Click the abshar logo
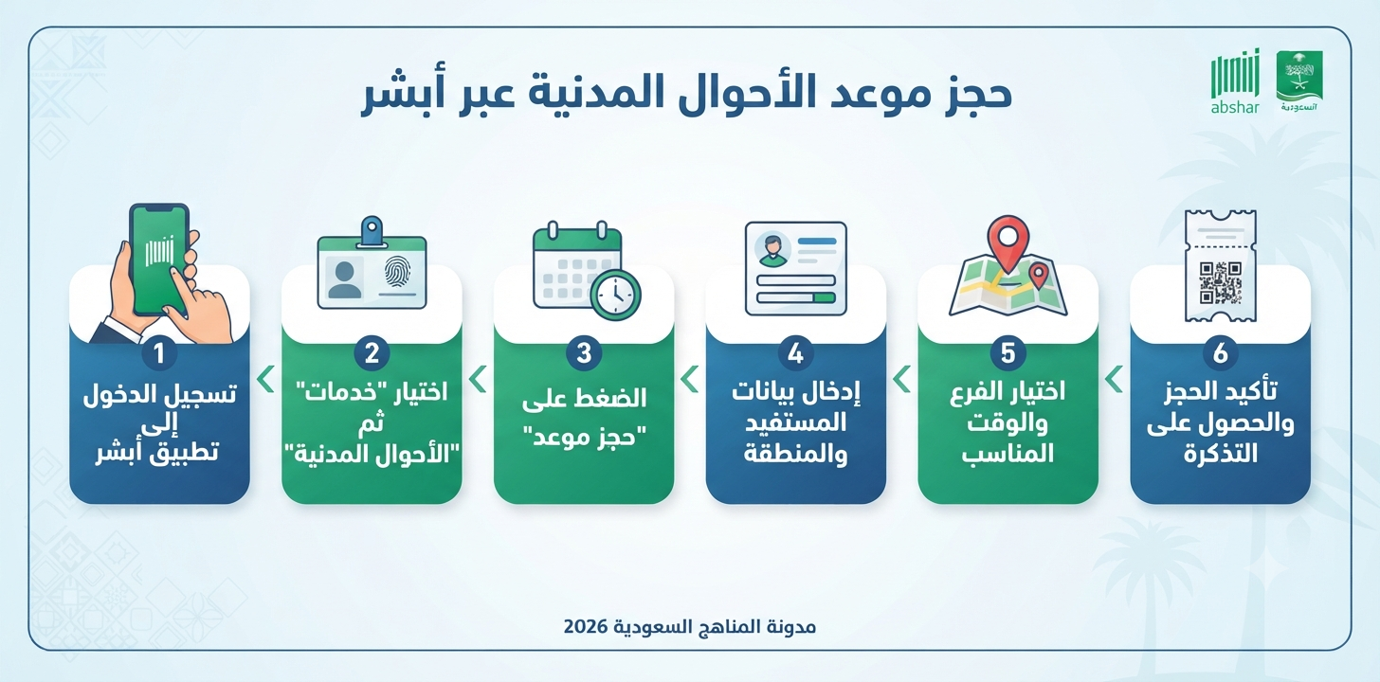(x=1235, y=82)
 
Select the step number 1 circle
(x=159, y=353)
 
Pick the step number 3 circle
(x=584, y=353)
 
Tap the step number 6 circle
(x=1220, y=353)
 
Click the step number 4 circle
(x=795, y=353)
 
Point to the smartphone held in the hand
(x=159, y=260)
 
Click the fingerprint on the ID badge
(x=397, y=272)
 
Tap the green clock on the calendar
(x=615, y=295)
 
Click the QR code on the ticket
(x=1220, y=282)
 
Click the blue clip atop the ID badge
(x=372, y=230)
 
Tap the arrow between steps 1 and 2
(x=266, y=379)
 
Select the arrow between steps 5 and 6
(x=1114, y=379)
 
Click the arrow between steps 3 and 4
(x=690, y=379)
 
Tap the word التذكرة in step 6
(x=1220, y=455)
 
